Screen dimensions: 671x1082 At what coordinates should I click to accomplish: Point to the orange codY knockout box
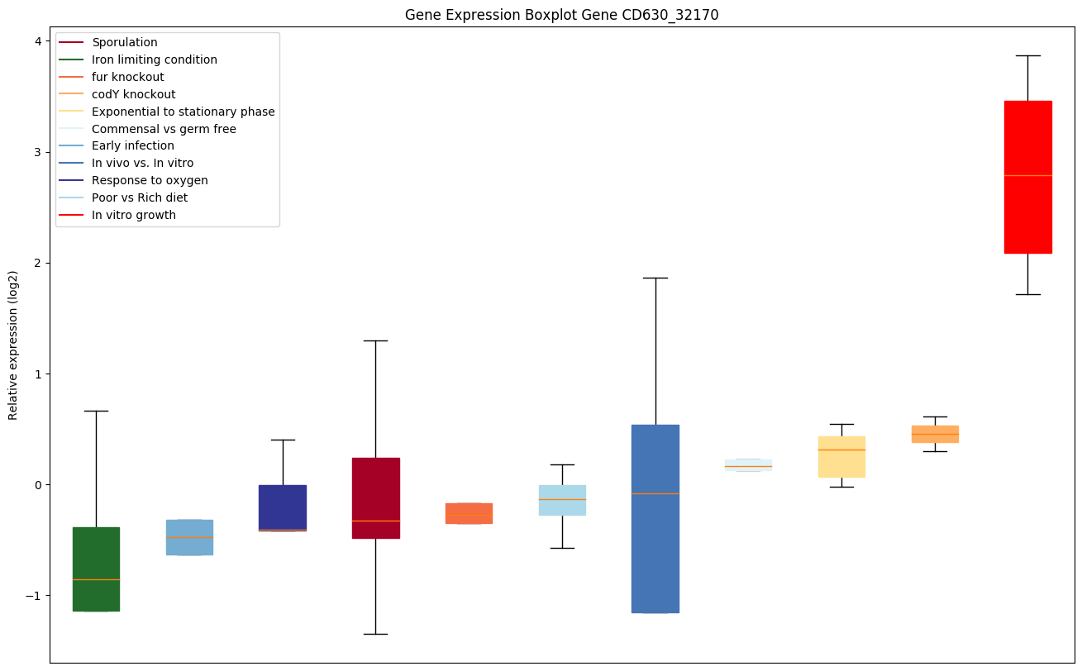click(x=935, y=434)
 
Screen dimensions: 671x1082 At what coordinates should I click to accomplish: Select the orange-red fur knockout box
click(x=469, y=513)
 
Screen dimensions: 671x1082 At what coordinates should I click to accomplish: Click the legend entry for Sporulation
click(x=125, y=42)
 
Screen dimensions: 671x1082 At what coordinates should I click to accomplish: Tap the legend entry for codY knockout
click(x=133, y=94)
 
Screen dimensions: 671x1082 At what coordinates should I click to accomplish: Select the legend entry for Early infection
click(x=133, y=146)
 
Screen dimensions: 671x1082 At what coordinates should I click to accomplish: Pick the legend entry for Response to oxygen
click(x=150, y=180)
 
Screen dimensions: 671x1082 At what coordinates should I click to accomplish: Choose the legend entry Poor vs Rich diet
click(x=140, y=197)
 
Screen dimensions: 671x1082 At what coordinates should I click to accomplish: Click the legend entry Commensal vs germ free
click(x=164, y=129)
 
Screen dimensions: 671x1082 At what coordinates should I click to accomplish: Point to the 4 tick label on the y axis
click(x=37, y=41)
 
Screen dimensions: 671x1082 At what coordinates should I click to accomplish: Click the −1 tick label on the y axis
click(x=34, y=596)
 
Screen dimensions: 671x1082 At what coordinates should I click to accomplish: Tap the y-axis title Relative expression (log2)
click(x=13, y=345)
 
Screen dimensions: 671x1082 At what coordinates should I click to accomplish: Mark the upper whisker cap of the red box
click(x=1027, y=55)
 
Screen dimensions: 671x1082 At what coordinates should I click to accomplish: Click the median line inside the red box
click(x=1027, y=175)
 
